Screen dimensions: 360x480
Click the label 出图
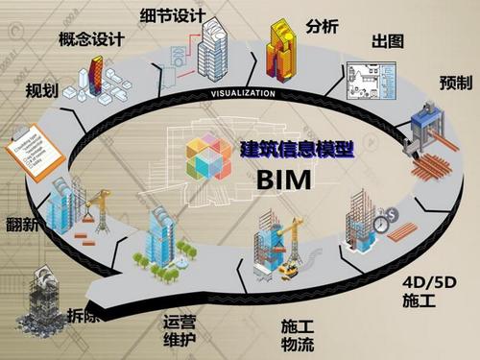tap(386, 42)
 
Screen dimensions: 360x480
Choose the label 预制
tap(454, 84)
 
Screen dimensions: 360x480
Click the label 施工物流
tap(298, 333)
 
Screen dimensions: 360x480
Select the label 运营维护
tap(182, 330)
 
